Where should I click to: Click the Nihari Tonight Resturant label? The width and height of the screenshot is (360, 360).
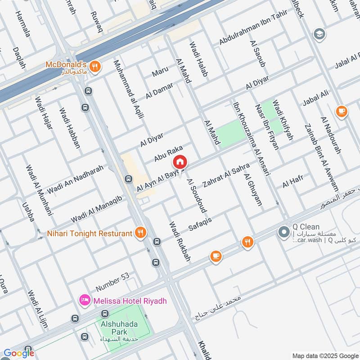[x=90, y=233]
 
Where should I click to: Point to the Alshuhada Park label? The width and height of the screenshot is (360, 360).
[x=123, y=327]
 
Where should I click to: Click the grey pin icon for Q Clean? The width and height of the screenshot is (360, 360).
[x=283, y=233]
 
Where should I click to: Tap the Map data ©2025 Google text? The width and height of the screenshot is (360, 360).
[x=324, y=355]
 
